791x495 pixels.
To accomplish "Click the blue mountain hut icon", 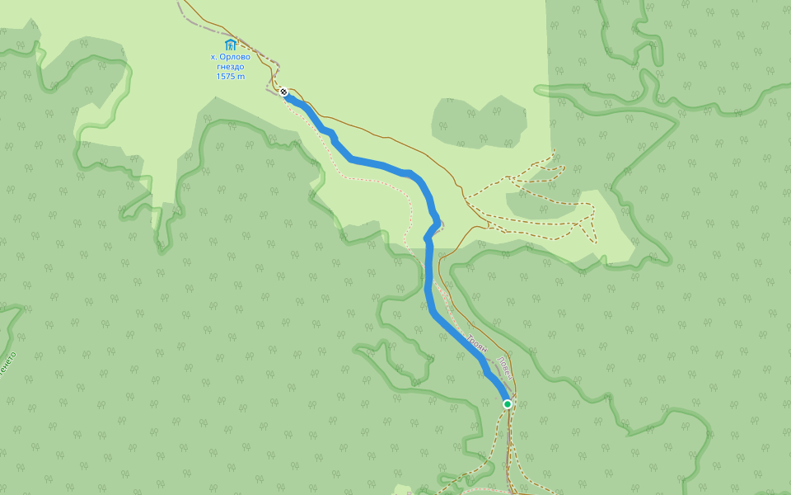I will [230, 45].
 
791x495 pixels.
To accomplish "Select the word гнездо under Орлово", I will [230, 67].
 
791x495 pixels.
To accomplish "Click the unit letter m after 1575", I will [241, 76].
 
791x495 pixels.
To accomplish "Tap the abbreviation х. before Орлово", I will [213, 57].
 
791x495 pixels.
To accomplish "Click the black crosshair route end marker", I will [283, 92].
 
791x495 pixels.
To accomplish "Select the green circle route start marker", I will [508, 403].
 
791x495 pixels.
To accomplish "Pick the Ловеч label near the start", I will [506, 368].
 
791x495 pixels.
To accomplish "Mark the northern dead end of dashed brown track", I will [554, 150].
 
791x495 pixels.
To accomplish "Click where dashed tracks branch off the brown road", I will [466, 201].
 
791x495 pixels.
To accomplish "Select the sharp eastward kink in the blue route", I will [438, 223].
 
